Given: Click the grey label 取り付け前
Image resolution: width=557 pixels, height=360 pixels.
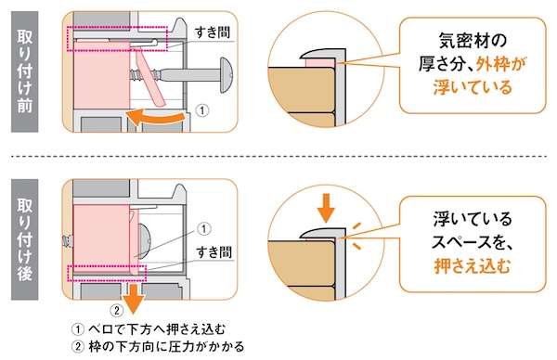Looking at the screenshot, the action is (25, 71).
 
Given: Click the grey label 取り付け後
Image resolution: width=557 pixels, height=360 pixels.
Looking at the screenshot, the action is (25, 239).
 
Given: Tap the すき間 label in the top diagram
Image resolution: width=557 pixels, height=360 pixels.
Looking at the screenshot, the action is (213, 32).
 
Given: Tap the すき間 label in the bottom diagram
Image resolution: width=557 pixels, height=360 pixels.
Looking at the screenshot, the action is (214, 252).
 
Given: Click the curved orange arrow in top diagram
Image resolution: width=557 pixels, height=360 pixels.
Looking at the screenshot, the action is (156, 118).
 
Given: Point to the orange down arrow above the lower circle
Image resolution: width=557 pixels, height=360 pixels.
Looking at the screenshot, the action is (326, 208).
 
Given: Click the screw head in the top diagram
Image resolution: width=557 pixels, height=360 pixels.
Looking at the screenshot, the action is (226, 75).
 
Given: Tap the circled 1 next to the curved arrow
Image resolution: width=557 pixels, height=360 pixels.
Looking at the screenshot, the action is (202, 110).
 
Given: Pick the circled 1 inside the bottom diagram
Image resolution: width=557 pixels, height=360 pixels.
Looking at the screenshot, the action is (203, 229).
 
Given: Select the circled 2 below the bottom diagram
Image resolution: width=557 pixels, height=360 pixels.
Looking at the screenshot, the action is (117, 311).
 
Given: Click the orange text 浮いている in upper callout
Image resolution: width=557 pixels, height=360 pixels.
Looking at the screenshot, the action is (473, 87).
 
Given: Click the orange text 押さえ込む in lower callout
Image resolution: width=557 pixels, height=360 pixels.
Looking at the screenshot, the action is (472, 266).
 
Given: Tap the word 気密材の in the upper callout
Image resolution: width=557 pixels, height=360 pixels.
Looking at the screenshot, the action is (473, 41).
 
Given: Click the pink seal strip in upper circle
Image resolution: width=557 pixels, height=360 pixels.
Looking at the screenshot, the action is (320, 63).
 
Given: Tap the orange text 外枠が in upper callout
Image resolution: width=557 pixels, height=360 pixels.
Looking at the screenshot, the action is (500, 64).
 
